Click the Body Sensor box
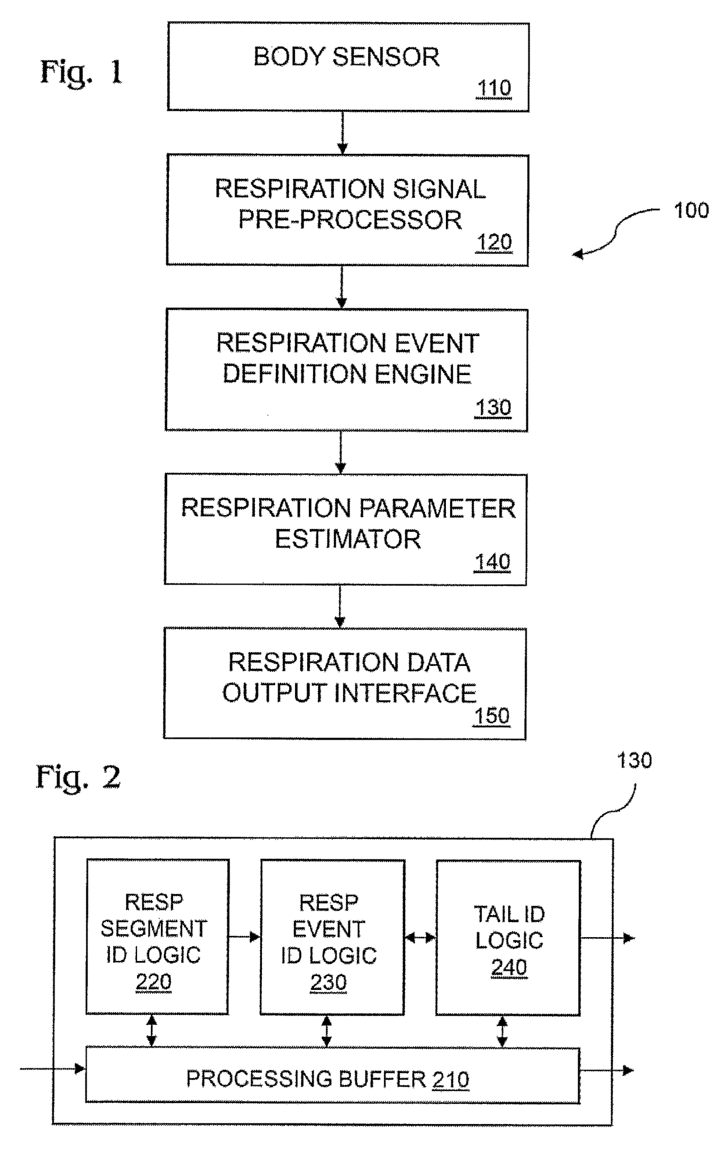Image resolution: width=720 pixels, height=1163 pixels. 348,67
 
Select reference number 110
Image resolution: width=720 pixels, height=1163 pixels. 494,88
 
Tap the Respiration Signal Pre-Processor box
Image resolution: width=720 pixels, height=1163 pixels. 347,210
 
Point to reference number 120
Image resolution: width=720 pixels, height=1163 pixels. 494,242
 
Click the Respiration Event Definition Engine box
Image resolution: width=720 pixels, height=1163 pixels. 347,369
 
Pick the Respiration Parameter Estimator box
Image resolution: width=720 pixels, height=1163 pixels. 345,529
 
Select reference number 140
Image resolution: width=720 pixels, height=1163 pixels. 492,561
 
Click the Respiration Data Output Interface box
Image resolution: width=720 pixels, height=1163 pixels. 345,683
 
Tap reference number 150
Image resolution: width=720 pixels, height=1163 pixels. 492,716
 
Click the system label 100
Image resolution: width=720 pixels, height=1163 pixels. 691,210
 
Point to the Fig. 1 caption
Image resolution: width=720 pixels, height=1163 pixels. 81,73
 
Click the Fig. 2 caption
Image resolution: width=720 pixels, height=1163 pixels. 78,777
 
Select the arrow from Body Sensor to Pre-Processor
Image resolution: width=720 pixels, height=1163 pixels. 343,132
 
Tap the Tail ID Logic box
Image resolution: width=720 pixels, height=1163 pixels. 508,937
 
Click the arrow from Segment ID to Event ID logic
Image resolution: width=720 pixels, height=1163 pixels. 244,937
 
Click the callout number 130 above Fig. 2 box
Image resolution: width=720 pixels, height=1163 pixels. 634,760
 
